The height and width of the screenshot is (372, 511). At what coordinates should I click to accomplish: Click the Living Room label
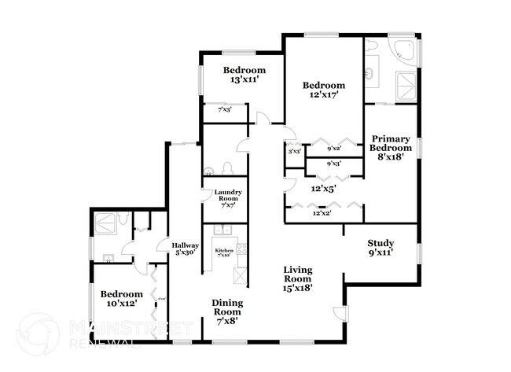299,278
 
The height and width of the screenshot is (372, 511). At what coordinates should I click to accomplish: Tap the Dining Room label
227,311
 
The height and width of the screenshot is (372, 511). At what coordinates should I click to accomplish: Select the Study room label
380,248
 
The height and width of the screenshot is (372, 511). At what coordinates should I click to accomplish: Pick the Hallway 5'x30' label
186,249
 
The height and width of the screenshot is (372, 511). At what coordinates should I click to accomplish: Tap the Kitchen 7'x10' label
224,252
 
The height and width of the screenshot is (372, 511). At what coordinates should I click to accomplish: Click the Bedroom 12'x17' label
324,90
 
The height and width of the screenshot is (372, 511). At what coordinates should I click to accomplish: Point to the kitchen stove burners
241,249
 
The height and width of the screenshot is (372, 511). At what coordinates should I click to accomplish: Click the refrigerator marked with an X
241,276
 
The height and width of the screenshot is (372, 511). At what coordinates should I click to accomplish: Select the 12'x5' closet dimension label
323,189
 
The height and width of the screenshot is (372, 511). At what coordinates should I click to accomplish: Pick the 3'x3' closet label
294,151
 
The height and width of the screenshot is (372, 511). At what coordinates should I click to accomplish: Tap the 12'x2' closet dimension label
322,212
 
